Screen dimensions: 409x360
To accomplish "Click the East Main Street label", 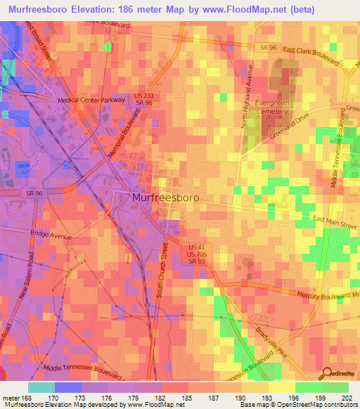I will click(335, 223).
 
